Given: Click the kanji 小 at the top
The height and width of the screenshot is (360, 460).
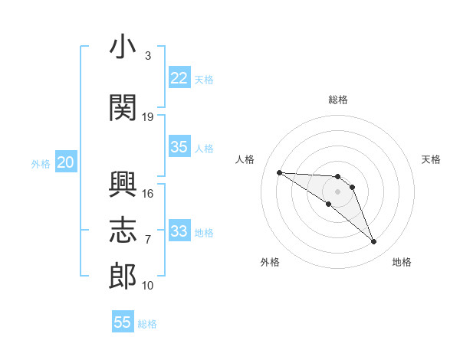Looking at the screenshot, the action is (x=123, y=46).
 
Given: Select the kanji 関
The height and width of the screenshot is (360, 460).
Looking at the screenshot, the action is (x=123, y=107).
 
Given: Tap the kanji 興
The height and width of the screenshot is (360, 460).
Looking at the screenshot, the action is (x=123, y=185).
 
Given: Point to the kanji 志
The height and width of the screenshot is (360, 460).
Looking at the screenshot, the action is (x=123, y=230).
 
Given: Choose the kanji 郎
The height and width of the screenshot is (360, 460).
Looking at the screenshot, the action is (x=123, y=277).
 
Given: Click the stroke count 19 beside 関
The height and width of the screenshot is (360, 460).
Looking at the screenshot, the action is (x=147, y=117).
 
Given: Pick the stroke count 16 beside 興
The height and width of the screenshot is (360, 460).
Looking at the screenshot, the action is (x=147, y=194).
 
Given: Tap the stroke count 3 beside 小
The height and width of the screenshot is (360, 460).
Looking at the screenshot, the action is (x=148, y=56).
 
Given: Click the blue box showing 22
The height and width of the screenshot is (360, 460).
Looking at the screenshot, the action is (x=179, y=77).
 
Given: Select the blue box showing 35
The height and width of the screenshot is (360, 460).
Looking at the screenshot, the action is (x=179, y=146).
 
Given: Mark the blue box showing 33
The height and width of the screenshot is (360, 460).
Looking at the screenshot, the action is (x=179, y=230).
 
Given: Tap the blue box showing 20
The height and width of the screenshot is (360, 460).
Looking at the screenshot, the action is (x=66, y=162).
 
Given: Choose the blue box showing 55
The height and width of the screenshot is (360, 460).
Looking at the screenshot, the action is (x=123, y=321).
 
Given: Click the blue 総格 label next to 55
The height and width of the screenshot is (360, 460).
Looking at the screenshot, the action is (x=147, y=324).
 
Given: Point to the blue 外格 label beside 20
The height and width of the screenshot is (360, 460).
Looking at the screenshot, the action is (x=41, y=164).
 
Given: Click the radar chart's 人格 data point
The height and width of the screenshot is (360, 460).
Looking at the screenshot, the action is (x=280, y=172).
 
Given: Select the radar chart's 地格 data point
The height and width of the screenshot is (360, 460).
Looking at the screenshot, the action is (x=374, y=241).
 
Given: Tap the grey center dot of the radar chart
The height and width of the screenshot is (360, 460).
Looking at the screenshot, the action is (x=337, y=191).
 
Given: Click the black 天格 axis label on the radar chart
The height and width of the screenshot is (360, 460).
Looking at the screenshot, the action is (x=431, y=159).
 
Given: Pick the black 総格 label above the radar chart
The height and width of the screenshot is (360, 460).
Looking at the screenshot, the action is (x=338, y=100).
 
